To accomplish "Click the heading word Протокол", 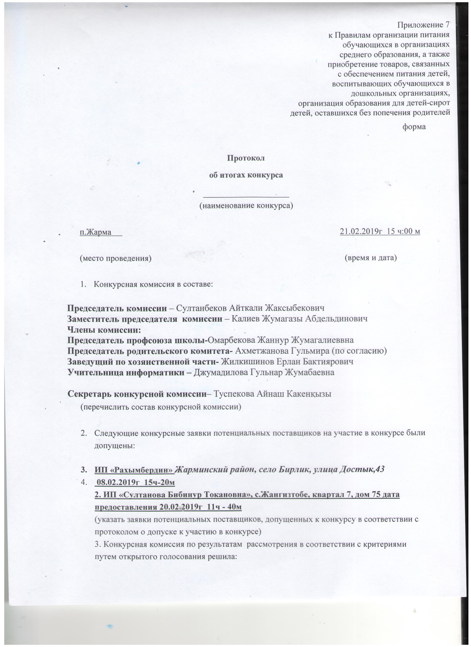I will point(245,158).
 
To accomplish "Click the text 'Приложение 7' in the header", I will point(424,25).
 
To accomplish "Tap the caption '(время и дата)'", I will point(371,258).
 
